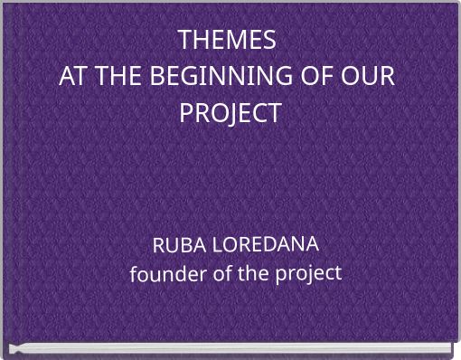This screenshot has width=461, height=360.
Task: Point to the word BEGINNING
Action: click(x=215, y=77)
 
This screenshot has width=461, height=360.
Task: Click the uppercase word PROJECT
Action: click(x=230, y=114)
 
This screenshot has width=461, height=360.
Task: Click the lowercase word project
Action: click(x=307, y=272)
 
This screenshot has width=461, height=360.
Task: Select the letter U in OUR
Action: click(x=370, y=77)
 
